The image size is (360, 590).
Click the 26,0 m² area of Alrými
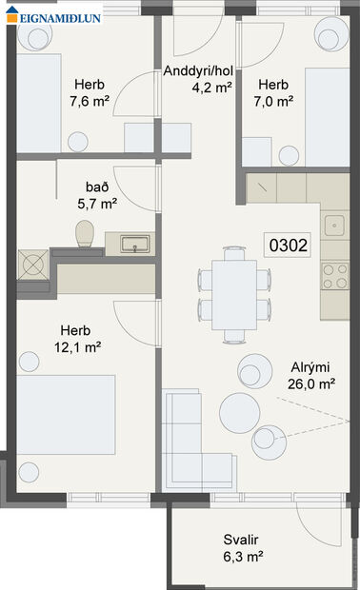[x=311, y=384]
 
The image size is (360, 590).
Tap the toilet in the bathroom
[x=83, y=232]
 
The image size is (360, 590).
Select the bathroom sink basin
[x=134, y=245]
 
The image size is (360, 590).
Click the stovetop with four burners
[x=334, y=276]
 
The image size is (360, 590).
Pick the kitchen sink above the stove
[x=334, y=226]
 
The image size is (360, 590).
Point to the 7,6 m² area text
[x=91, y=99]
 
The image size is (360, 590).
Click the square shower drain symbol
[x=33, y=261]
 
